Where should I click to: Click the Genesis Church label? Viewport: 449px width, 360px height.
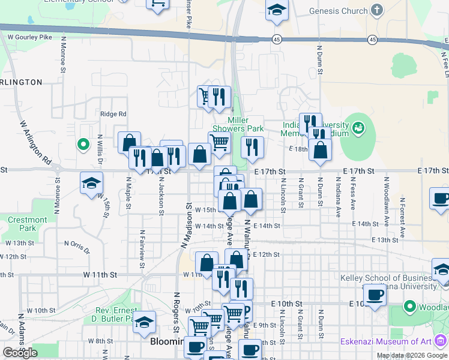[x=338, y=11]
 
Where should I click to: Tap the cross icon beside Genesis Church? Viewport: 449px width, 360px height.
[x=376, y=10]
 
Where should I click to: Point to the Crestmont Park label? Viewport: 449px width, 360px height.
[x=27, y=224]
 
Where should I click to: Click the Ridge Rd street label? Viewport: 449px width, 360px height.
[x=113, y=114]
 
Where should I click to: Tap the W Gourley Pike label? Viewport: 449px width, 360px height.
[x=29, y=37]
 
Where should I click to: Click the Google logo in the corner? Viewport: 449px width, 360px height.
[x=20, y=353]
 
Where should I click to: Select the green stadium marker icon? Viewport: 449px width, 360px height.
[x=359, y=127]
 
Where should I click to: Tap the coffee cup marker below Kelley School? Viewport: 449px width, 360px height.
[x=375, y=295]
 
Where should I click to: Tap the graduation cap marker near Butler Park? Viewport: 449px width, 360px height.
[x=144, y=323]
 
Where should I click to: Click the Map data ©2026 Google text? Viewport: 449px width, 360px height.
[x=412, y=355]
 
